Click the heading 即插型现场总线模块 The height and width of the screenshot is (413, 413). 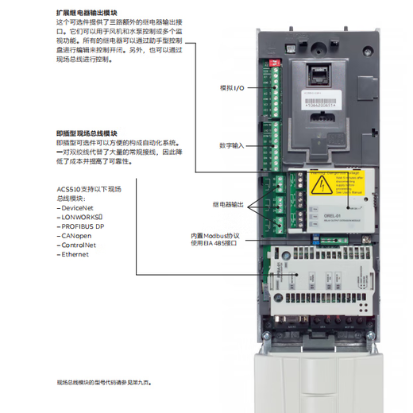tap(88, 133)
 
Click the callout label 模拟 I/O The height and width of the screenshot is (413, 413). tap(233, 87)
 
